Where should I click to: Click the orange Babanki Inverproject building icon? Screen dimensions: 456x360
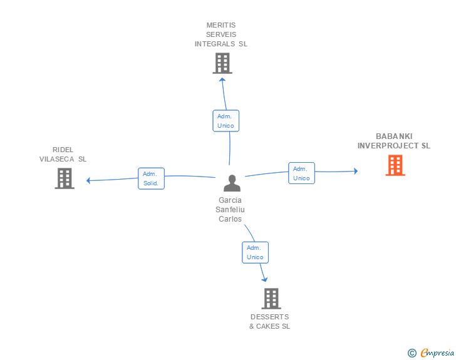[x=395, y=165]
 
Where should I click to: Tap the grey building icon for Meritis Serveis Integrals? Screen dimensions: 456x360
[x=222, y=63]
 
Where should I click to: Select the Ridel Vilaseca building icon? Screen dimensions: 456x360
[x=65, y=178]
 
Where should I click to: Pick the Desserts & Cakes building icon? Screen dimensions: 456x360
[x=271, y=299]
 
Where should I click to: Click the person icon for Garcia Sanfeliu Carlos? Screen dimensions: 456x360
[x=232, y=183]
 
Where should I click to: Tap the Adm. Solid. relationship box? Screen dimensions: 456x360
[x=151, y=178]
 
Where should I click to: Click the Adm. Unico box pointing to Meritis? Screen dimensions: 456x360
[x=226, y=121]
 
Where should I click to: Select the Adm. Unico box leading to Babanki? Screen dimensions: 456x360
[x=301, y=173]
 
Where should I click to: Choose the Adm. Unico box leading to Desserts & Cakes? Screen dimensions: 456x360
[x=256, y=252]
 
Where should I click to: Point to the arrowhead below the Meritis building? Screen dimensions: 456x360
[x=222, y=79]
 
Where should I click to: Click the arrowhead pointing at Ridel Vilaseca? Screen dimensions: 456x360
[x=88, y=180]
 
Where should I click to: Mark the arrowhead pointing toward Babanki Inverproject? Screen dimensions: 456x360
[x=356, y=171]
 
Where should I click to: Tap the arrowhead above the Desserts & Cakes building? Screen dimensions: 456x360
[x=264, y=280]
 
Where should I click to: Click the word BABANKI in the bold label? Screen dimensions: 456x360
[x=394, y=136]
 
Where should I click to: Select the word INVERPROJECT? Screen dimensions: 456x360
[x=388, y=146]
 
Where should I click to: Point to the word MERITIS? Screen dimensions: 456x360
[x=221, y=25]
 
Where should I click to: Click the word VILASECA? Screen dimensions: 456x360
[x=57, y=159]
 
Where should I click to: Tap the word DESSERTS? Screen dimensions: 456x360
[x=269, y=317]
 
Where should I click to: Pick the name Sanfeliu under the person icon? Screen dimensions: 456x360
[x=230, y=210]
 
